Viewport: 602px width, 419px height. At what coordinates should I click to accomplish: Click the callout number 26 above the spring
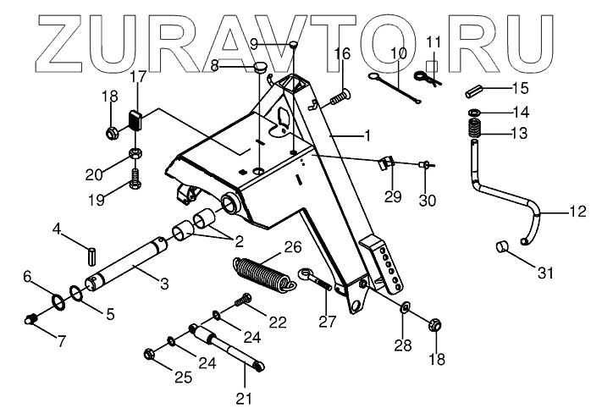coord(292,248)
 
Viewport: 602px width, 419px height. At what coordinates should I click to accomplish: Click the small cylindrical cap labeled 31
coord(500,248)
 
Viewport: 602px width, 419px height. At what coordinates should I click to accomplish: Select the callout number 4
coord(57,229)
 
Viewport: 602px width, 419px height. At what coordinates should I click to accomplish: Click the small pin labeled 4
coord(94,252)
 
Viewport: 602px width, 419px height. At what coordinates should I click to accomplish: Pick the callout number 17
coord(139,78)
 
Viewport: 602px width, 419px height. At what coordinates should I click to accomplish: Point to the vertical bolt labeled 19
coord(135,179)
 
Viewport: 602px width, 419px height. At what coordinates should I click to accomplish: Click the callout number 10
coord(399,53)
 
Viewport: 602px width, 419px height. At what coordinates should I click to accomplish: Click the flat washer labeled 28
coord(405,306)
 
